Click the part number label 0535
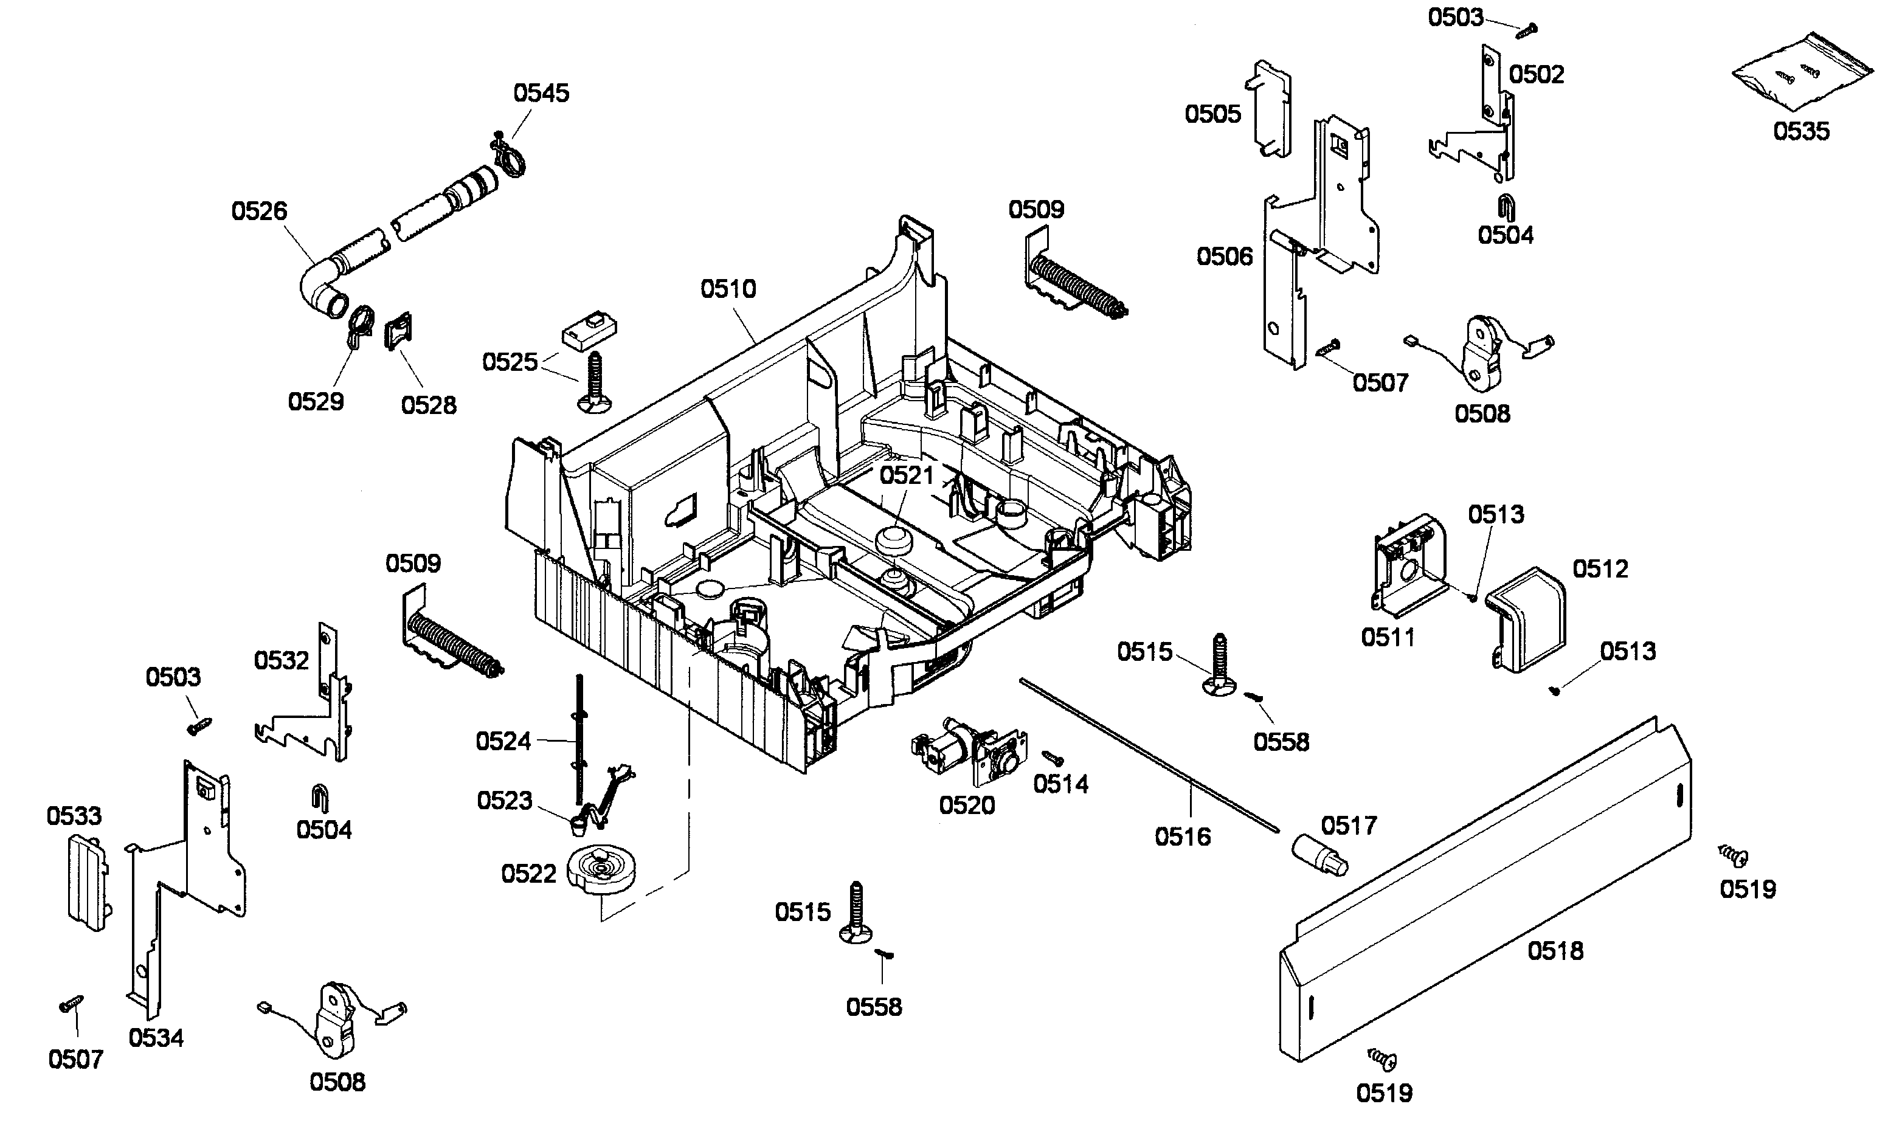[x=1800, y=131]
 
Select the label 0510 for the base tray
[x=728, y=289]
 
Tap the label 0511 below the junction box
[x=1388, y=637]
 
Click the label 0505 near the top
[x=1212, y=114]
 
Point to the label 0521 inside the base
[x=906, y=475]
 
